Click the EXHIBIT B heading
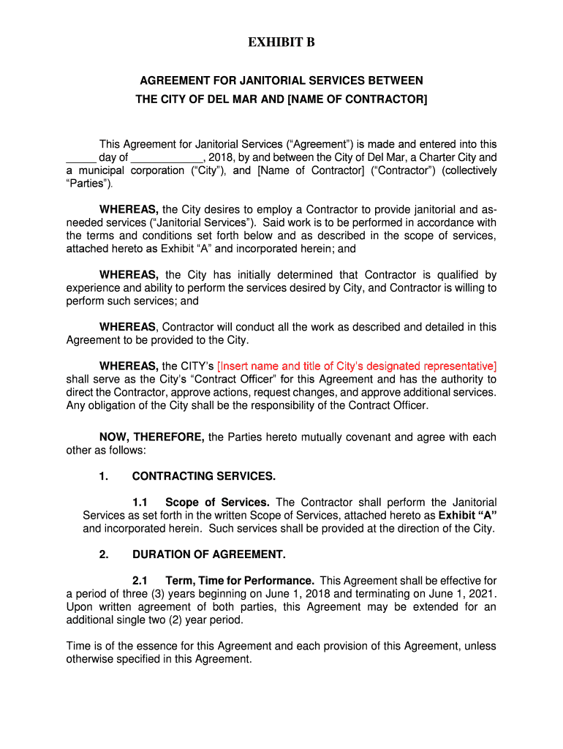[281, 43]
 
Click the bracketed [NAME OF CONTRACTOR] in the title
[358, 99]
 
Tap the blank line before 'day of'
[81, 157]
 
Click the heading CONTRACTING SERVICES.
[204, 476]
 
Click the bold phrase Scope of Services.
[218, 503]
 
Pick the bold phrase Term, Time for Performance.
[240, 580]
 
